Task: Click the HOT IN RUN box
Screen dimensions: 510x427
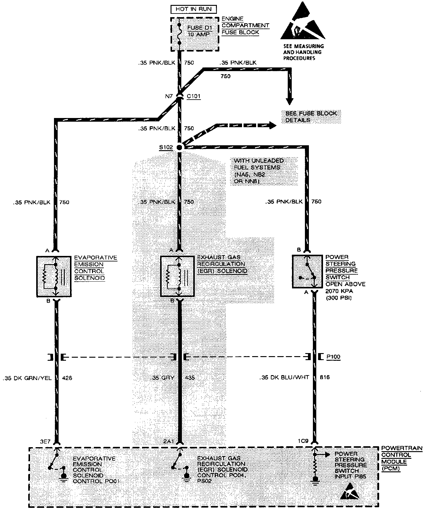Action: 194,9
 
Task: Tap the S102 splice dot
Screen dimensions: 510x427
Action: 180,147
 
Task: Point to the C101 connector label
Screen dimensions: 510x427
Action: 193,96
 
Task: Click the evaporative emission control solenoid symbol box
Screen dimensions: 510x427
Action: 54,276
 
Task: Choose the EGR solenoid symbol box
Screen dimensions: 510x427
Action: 178,276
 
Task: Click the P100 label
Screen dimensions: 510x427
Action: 333,357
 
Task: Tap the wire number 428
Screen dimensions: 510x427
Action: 67,378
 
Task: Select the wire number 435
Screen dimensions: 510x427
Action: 190,378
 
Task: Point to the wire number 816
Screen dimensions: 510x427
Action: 325,377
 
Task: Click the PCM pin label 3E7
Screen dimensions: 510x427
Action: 45,442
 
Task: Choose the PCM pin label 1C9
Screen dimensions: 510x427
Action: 303,442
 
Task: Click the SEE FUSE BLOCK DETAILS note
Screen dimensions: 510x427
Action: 311,117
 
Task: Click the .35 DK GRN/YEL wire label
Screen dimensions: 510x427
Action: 28,378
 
